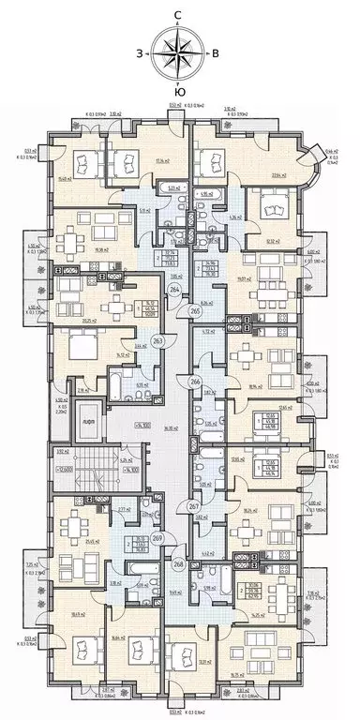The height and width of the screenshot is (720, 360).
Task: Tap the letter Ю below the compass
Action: click(x=177, y=91)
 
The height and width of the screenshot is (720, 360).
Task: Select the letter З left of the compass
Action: click(x=140, y=53)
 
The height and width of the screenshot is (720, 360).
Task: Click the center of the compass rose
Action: click(x=177, y=52)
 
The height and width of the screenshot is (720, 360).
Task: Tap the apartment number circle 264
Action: click(x=175, y=291)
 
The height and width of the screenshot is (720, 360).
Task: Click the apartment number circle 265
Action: click(x=195, y=310)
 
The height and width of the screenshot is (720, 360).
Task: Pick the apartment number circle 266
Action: click(x=195, y=382)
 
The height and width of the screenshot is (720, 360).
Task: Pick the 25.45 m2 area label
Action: click(x=91, y=540)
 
